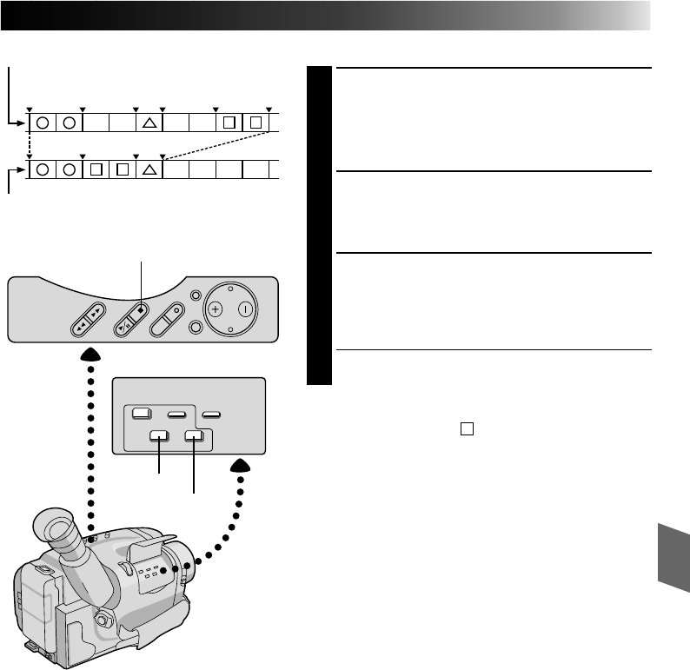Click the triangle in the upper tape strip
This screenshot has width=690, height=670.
149,123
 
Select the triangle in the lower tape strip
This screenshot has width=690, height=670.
149,169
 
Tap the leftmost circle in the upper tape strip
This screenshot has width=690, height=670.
42,123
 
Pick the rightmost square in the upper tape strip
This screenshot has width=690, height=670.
256,123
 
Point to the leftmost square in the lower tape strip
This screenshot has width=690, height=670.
96,169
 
